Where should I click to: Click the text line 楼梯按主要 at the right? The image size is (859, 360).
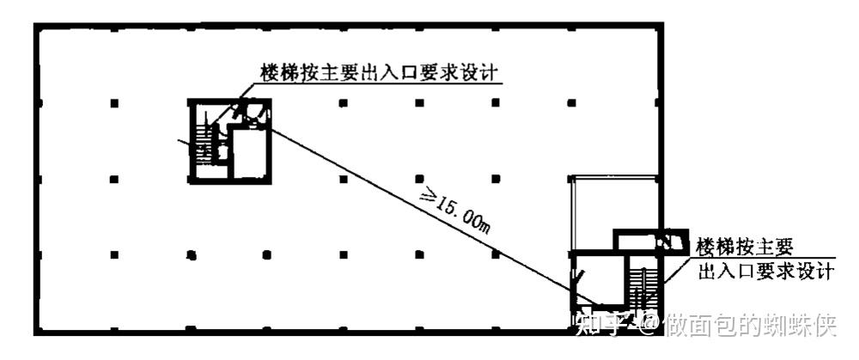point(746,247)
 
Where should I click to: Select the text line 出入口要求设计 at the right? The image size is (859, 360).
point(765,272)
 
